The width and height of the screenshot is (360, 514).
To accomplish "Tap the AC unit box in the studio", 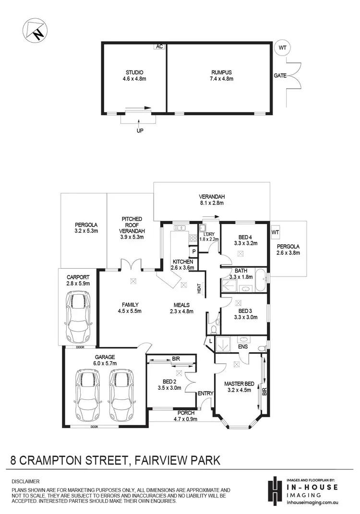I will click(x=159, y=47).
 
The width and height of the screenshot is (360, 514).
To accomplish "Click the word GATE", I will click(x=281, y=76).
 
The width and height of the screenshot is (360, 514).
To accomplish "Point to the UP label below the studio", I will click(x=140, y=130).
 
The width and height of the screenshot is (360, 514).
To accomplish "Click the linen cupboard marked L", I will click(x=210, y=340).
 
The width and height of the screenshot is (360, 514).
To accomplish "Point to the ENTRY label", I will click(x=205, y=394).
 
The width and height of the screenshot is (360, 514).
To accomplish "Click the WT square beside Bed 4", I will click(x=276, y=233).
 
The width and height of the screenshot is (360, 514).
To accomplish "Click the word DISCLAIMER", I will click(x=26, y=481).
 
